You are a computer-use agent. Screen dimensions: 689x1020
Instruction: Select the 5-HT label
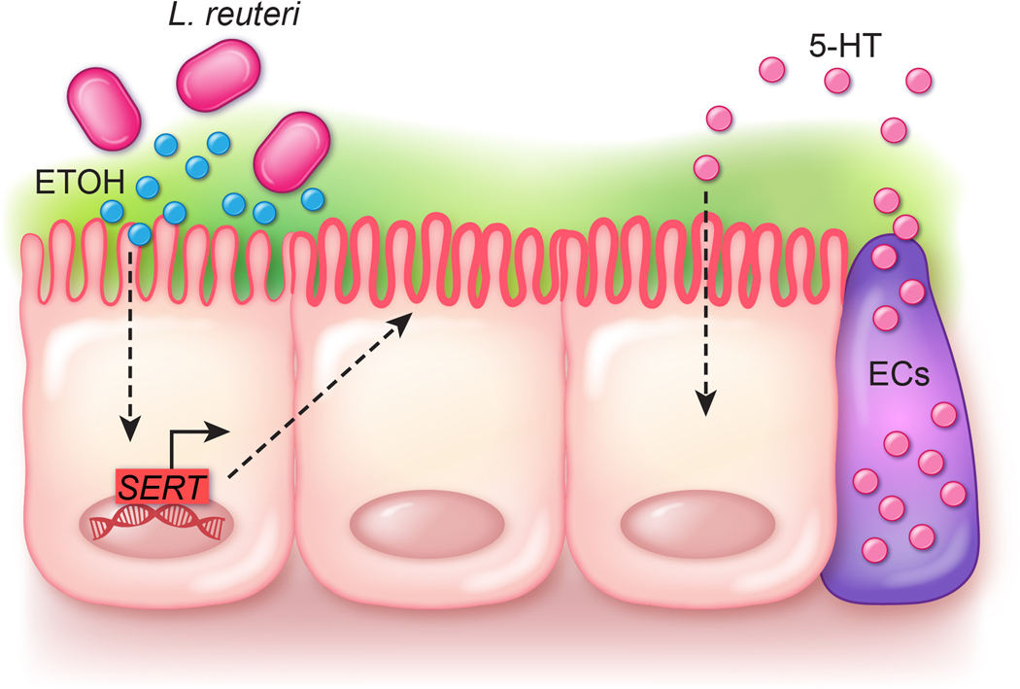tap(841, 47)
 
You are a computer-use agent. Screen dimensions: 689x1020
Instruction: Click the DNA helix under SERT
tap(158, 525)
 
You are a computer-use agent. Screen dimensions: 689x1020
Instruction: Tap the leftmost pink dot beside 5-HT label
tap(773, 70)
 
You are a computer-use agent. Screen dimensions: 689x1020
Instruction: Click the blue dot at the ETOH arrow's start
tap(139, 233)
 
